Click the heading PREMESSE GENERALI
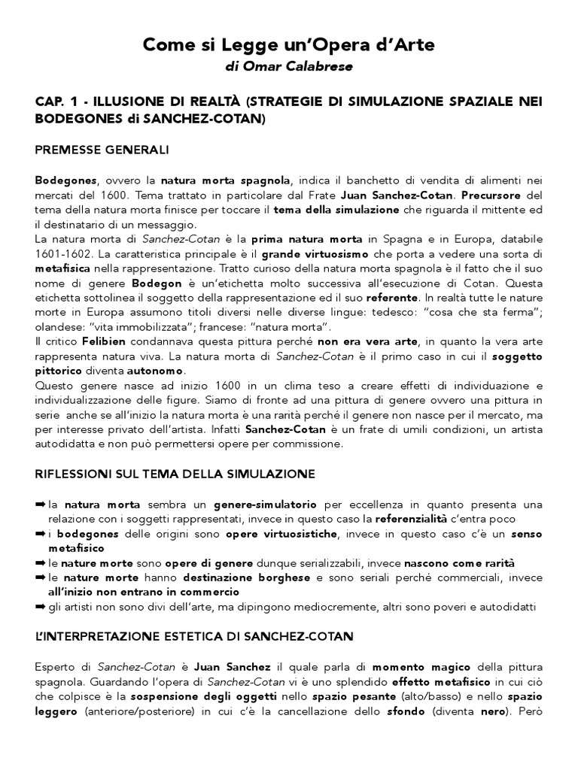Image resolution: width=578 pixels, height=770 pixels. (102, 150)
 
